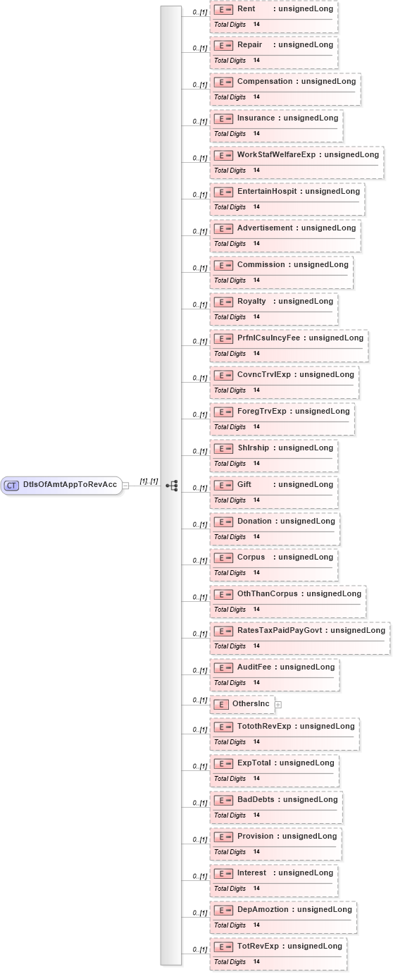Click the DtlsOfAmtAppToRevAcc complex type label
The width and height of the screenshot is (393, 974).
point(70,484)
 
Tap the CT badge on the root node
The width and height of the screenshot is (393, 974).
point(12,486)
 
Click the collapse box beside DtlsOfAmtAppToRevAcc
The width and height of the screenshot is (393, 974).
point(125,486)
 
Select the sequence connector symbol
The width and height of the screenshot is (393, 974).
point(172,486)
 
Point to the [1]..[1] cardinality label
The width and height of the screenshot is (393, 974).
point(149,481)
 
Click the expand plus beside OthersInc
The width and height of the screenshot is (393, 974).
point(278,705)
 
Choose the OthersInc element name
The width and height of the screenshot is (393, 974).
point(251,703)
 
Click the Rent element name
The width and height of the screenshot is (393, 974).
point(246,8)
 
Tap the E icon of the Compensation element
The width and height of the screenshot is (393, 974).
point(223,82)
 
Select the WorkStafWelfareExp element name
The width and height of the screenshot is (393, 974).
point(277,155)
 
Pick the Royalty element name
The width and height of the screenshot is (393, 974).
point(251,302)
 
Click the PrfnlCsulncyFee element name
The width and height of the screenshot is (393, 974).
point(268,338)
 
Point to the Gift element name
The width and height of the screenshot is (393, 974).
point(244,484)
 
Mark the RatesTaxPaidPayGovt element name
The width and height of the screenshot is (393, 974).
point(280,631)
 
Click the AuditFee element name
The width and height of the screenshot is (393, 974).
point(254,667)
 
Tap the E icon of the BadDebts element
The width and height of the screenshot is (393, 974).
point(223,801)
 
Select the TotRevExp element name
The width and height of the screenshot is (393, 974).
point(258,947)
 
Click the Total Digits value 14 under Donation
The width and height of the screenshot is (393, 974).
point(256,536)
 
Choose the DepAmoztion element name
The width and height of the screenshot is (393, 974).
point(263,910)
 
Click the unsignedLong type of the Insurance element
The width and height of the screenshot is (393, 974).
point(311,118)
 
